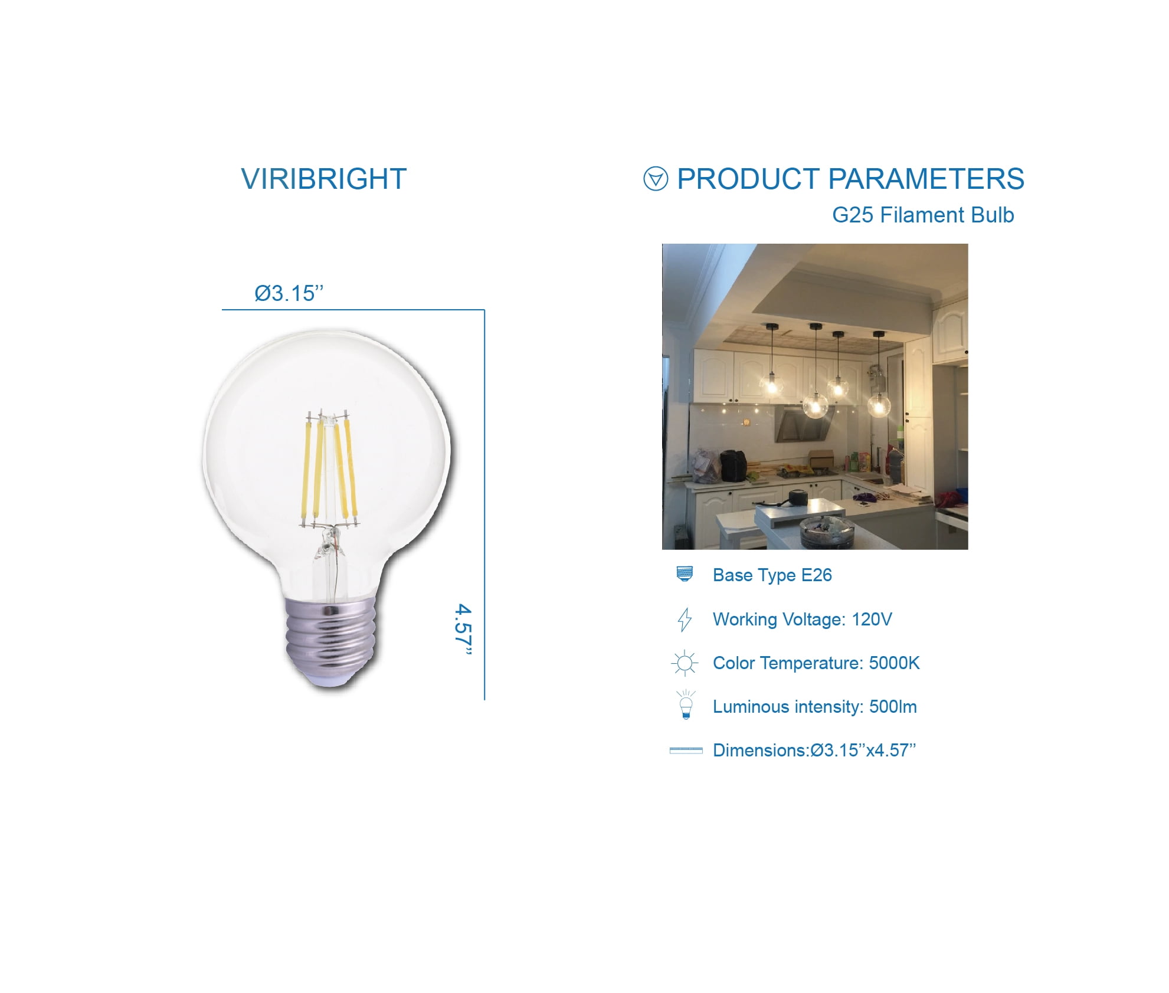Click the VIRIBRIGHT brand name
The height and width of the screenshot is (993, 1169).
pyautogui.click(x=323, y=179)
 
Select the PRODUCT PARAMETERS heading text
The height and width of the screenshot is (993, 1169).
pyautogui.click(x=850, y=179)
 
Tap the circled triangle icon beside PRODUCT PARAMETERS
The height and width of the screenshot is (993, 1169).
pyautogui.click(x=656, y=179)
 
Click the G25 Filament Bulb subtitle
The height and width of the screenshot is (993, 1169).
pyautogui.click(x=923, y=215)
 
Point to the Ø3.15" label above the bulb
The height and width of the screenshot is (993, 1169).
pyautogui.click(x=289, y=293)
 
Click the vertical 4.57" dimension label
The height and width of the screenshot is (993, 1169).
pyautogui.click(x=464, y=629)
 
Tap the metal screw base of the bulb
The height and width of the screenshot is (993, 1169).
pyautogui.click(x=330, y=640)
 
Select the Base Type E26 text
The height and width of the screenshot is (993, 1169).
pyautogui.click(x=772, y=575)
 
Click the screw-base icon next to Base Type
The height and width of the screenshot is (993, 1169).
pyautogui.click(x=685, y=573)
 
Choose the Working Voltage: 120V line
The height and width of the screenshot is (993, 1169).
pyautogui.click(x=802, y=620)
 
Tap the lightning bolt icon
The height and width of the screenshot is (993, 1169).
pyautogui.click(x=685, y=620)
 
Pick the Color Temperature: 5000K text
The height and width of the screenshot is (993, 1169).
pyautogui.click(x=816, y=663)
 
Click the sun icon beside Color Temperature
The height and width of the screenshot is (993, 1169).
pyautogui.click(x=685, y=663)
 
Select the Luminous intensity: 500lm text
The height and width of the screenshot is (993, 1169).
pyautogui.click(x=815, y=707)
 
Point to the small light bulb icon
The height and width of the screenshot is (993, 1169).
pyautogui.click(x=686, y=705)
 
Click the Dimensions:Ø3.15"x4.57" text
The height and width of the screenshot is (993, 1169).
pyautogui.click(x=814, y=751)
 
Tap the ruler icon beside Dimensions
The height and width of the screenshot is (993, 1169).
pyautogui.click(x=686, y=751)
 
